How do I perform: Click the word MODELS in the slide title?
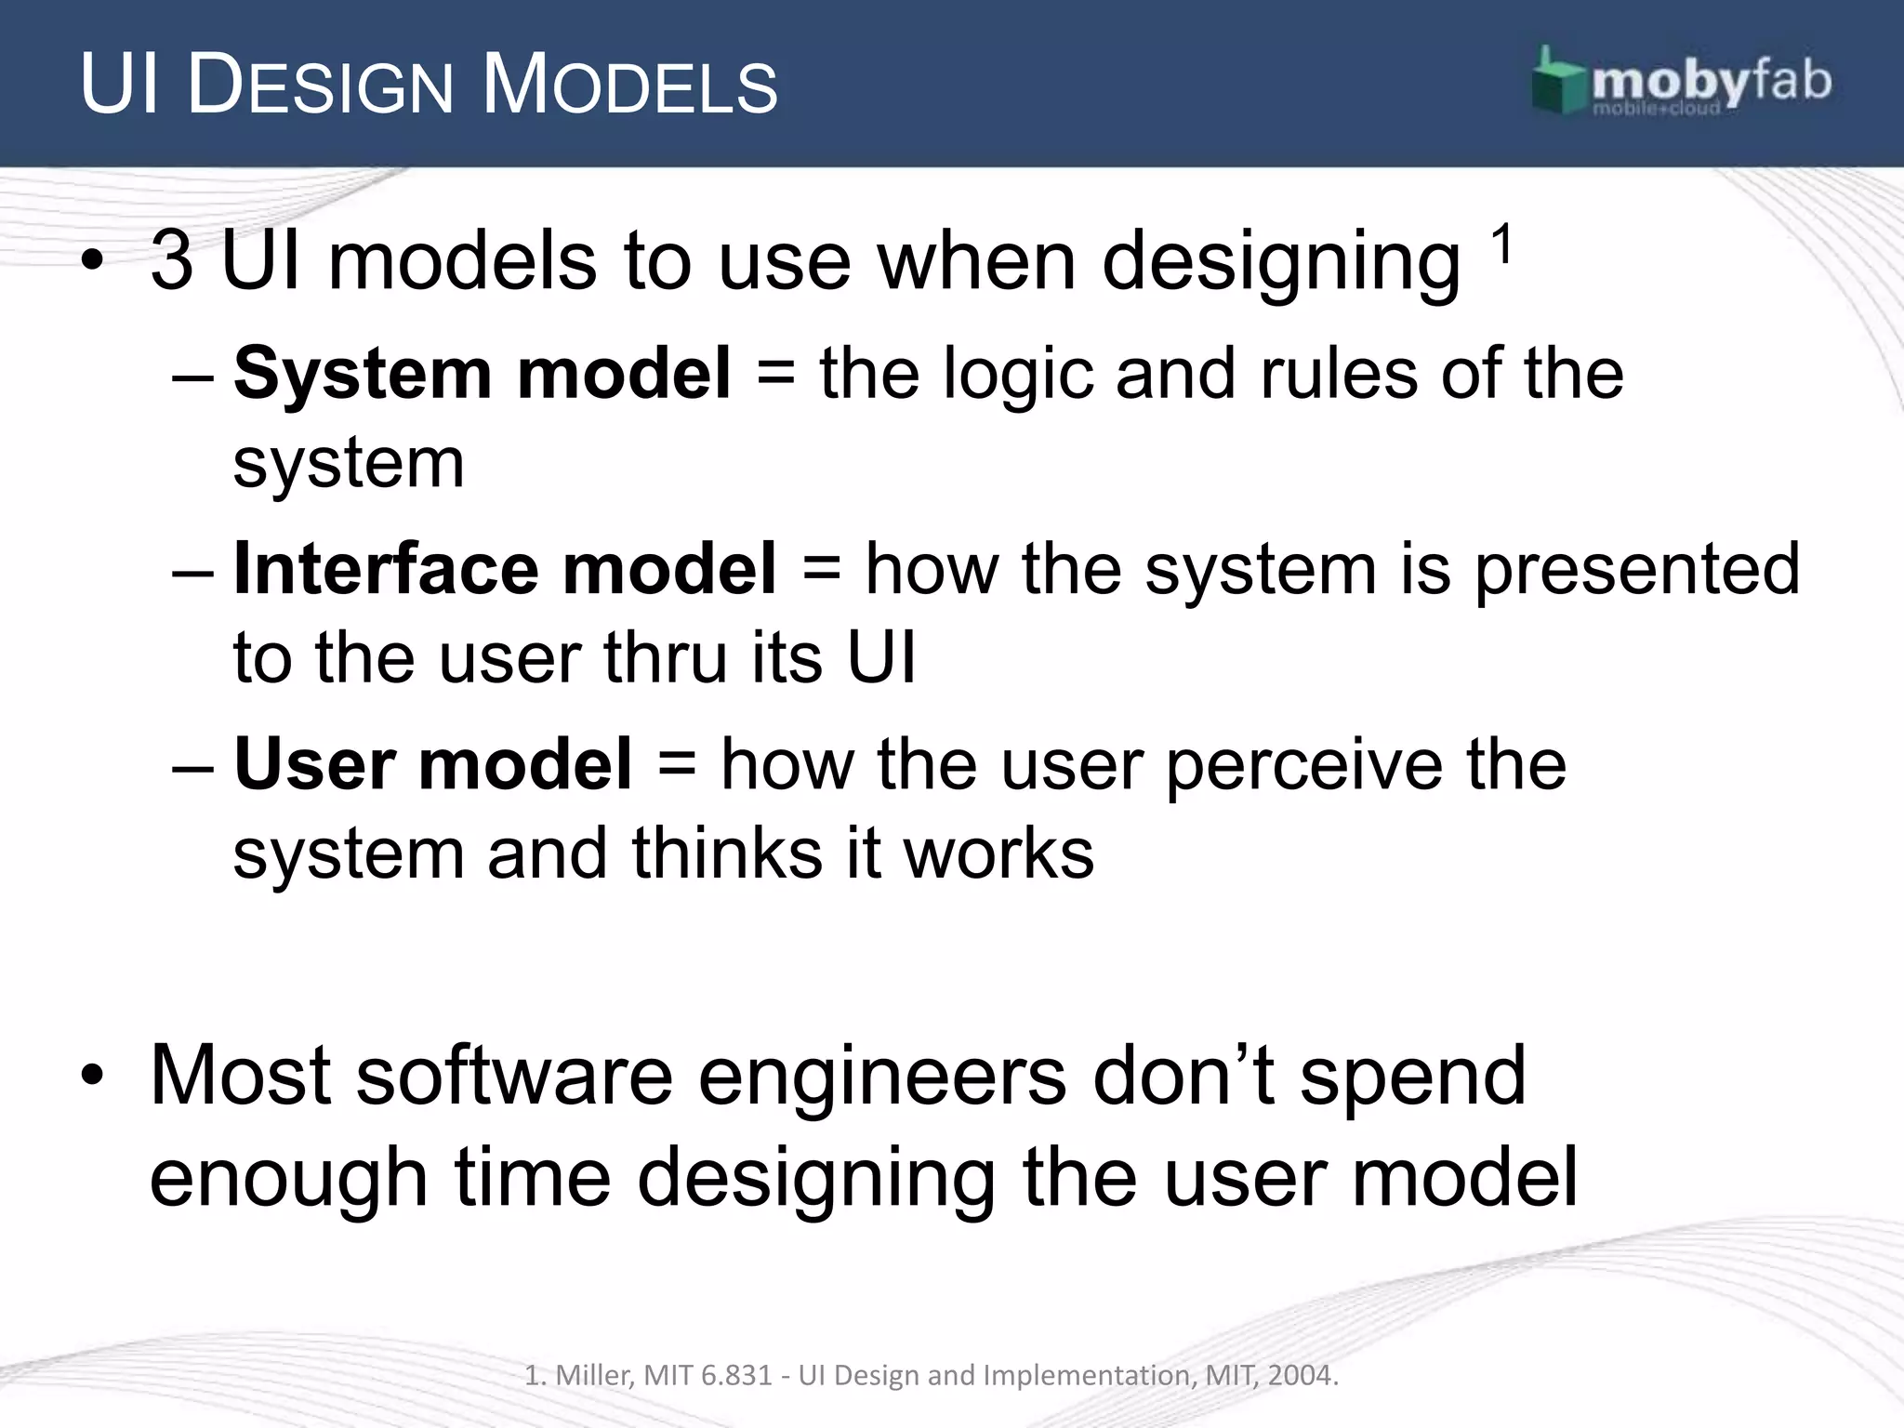(629, 86)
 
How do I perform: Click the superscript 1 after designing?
(1501, 246)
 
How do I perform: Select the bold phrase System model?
(482, 373)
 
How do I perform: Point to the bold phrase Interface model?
(504, 569)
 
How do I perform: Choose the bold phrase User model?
(432, 764)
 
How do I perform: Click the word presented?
(1638, 569)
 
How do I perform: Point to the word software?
(514, 1076)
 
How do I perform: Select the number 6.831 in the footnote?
(736, 1375)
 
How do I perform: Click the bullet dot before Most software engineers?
(91, 1077)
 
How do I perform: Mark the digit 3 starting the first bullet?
(172, 261)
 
